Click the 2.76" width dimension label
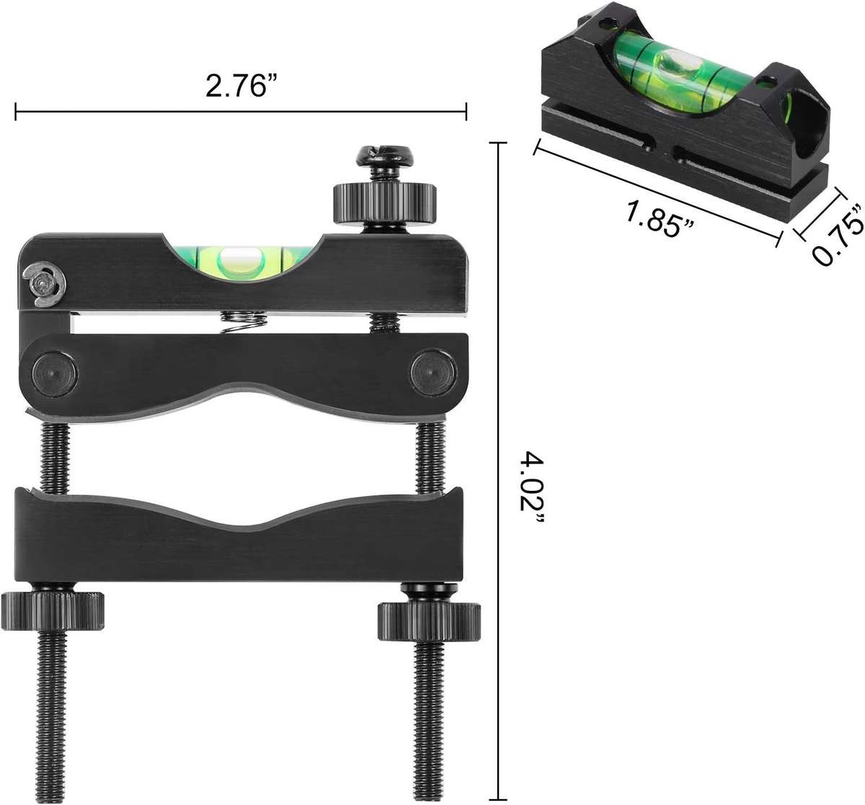[241, 86]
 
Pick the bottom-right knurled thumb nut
[429, 618]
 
